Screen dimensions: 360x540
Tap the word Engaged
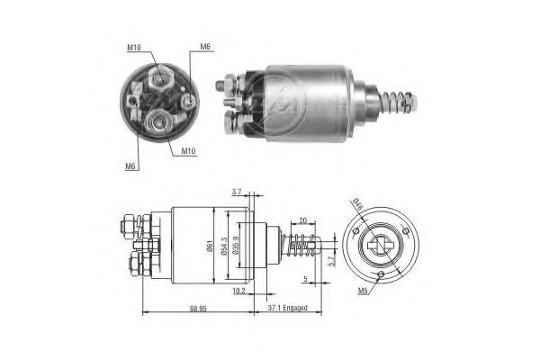pyautogui.click(x=296, y=309)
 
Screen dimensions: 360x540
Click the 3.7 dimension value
pyautogui.click(x=236, y=192)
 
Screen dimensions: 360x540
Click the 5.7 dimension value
pyautogui.click(x=332, y=260)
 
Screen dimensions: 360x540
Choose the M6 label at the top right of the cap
pyautogui.click(x=205, y=48)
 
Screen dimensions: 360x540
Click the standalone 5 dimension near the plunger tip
pyautogui.click(x=306, y=279)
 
